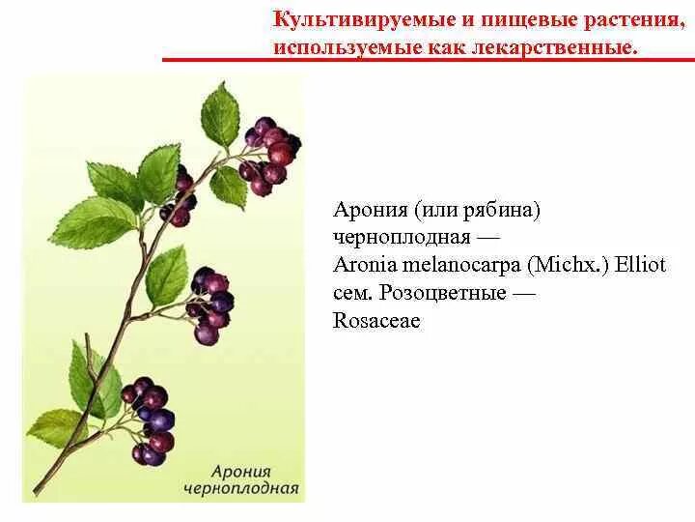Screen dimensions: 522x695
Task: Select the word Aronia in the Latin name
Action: (x=363, y=265)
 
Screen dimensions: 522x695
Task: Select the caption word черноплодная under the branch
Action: (x=240, y=486)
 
